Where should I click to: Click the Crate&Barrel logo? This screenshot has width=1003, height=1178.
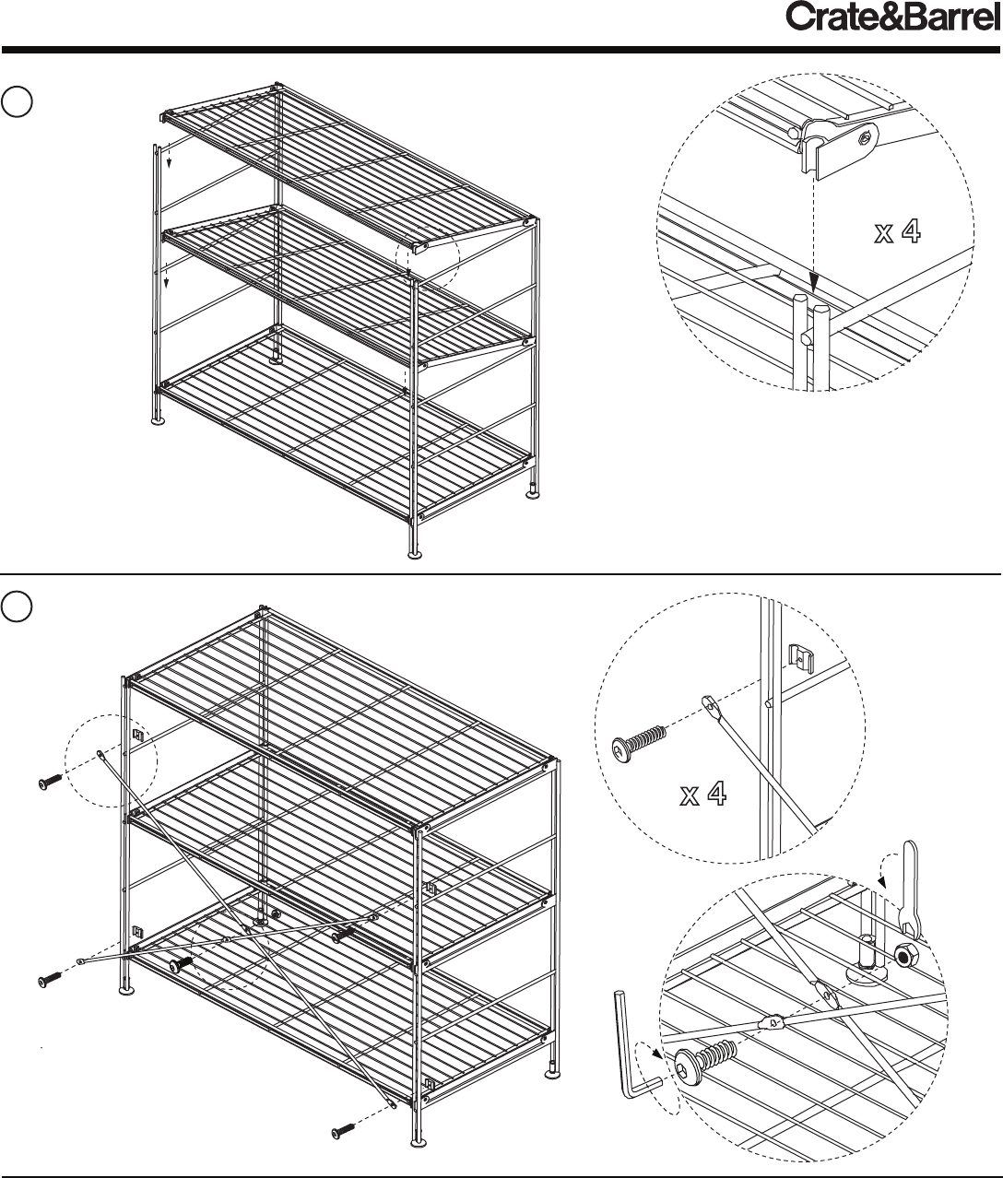892,18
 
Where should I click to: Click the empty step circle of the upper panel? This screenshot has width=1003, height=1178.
18,102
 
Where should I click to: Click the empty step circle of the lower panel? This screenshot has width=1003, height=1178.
18,607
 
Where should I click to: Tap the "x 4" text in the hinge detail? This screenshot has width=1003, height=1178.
898,232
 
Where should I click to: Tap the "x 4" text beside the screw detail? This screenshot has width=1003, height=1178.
703,794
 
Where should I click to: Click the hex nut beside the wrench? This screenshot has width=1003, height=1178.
905,955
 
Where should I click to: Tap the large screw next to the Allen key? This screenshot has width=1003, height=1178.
705,1058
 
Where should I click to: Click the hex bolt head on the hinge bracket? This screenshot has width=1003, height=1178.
865,138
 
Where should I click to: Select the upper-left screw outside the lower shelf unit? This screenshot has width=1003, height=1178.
50,783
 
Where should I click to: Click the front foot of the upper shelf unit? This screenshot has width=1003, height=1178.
416,553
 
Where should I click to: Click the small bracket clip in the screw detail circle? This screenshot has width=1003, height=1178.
799,656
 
